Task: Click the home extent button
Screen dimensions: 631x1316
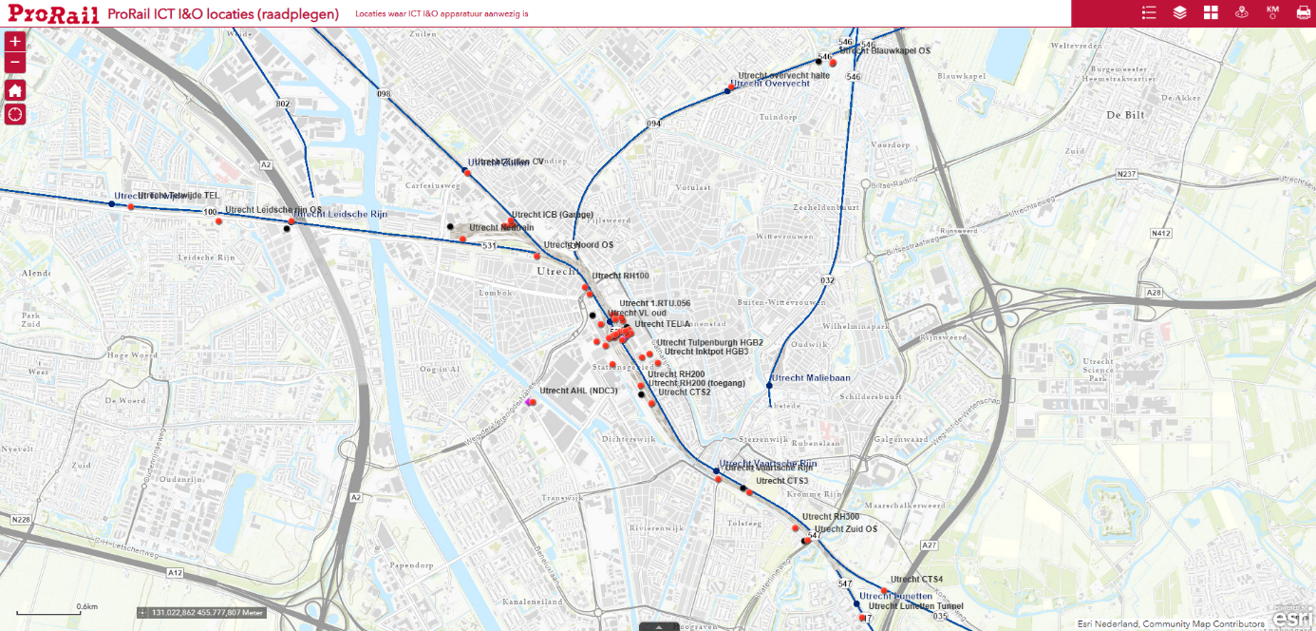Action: [15, 90]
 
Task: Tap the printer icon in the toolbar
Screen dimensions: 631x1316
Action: [1303, 12]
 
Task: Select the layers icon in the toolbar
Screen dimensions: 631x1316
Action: [1180, 12]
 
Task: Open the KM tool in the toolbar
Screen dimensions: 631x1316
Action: [1271, 12]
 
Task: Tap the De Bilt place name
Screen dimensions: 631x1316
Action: [1125, 115]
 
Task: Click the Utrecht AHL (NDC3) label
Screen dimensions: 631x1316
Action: [579, 391]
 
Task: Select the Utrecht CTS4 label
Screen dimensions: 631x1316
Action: [916, 579]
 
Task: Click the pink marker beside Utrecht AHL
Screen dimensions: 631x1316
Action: [529, 402]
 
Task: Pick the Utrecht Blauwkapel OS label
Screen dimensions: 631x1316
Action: [885, 50]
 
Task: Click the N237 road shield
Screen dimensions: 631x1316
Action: [1127, 174]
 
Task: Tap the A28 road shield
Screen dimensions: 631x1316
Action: [1154, 293]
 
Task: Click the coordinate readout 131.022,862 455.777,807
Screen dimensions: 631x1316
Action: [201, 613]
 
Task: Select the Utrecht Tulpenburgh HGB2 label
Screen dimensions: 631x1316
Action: [710, 342]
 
